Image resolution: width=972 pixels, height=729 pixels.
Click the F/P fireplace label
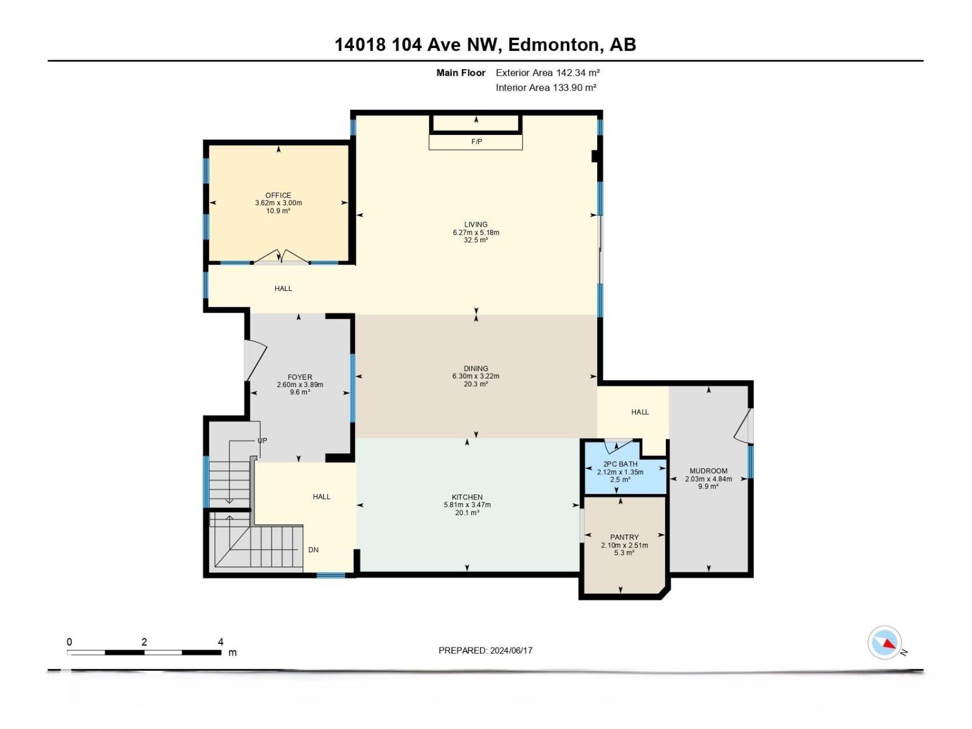(x=476, y=142)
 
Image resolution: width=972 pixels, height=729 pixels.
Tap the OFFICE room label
(x=278, y=196)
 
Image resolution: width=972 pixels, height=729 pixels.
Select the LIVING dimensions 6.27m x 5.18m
(x=476, y=233)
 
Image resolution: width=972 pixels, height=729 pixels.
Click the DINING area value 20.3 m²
(x=476, y=384)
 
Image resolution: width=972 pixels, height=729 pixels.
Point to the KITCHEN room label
(x=467, y=497)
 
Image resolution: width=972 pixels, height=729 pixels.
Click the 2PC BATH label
(x=620, y=464)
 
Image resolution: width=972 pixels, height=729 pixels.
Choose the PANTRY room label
(x=625, y=537)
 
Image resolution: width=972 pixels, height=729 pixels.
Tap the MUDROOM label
(x=708, y=471)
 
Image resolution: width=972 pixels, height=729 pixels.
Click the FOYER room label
(x=300, y=377)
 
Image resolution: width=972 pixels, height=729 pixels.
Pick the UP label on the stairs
(x=262, y=440)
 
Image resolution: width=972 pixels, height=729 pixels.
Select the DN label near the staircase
(x=313, y=550)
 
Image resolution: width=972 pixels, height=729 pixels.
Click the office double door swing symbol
(x=281, y=256)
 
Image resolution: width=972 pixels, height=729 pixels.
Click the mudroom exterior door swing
(x=742, y=426)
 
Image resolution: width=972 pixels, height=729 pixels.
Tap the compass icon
(x=885, y=643)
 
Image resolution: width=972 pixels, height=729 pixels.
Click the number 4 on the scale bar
(x=221, y=642)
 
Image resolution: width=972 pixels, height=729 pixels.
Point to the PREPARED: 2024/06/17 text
(x=485, y=651)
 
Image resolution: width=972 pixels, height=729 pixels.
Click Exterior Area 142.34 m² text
(x=547, y=73)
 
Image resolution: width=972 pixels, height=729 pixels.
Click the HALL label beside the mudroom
(x=640, y=412)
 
